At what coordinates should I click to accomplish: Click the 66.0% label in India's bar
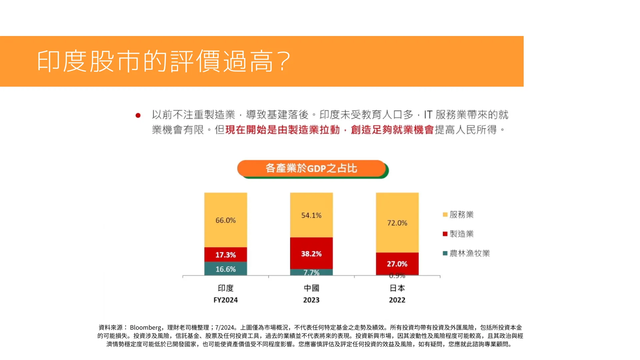225,220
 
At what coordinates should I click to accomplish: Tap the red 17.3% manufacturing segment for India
225,255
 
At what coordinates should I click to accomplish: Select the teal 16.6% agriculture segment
225,269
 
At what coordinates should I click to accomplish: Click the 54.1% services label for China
311,216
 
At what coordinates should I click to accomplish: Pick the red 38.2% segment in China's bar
311,254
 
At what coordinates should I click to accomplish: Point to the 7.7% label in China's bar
311,273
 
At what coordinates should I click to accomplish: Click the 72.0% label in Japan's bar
397,223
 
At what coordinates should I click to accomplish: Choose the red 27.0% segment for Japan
397,264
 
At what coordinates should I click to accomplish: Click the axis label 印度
225,288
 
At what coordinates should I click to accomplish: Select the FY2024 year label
225,300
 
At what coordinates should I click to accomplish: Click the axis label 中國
311,288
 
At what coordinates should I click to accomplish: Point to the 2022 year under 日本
397,300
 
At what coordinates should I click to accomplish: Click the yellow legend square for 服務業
445,215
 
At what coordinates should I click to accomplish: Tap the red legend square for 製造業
445,234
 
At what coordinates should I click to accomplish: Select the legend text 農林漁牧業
470,253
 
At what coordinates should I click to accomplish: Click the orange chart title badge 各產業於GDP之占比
311,168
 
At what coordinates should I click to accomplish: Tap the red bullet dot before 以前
138,116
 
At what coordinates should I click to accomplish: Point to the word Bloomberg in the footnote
145,328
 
